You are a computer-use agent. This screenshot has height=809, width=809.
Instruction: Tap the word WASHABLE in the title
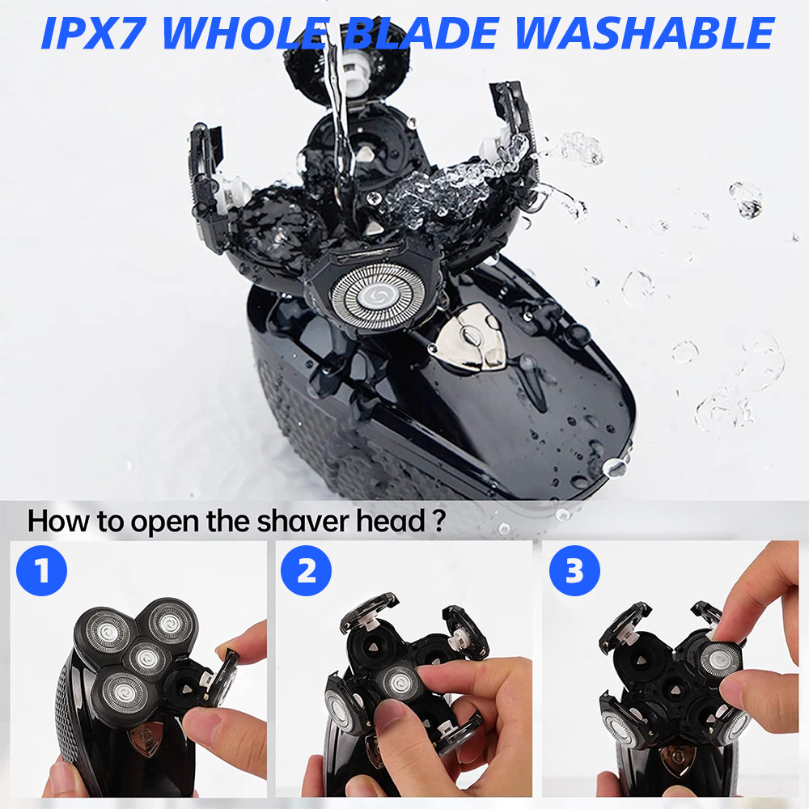point(644,33)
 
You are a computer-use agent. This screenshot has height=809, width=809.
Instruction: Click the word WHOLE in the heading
point(246,33)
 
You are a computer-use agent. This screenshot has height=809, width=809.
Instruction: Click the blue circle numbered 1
point(42,570)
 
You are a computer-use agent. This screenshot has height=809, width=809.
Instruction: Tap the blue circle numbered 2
point(307,570)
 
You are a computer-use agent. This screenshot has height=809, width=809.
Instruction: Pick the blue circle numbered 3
point(574,570)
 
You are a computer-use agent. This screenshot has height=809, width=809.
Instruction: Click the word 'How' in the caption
point(58,521)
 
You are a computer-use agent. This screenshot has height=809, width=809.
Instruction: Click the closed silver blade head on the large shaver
point(378,296)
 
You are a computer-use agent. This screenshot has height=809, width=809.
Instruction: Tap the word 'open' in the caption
point(164,523)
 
